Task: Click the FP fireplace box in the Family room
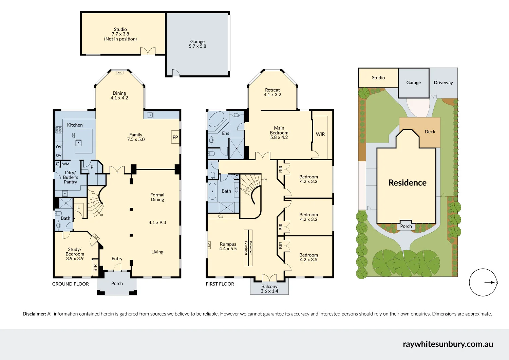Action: click(x=175, y=137)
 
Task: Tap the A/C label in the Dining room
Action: click(x=119, y=73)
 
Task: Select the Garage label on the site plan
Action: click(x=413, y=83)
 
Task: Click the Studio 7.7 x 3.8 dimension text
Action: click(x=120, y=34)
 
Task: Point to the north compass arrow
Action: click(x=491, y=282)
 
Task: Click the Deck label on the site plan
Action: click(x=430, y=132)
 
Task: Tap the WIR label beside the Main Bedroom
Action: click(x=320, y=134)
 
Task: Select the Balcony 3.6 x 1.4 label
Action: click(x=269, y=289)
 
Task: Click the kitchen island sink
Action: click(x=78, y=143)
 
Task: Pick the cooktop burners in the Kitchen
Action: click(x=59, y=129)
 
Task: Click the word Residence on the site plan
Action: click(x=407, y=183)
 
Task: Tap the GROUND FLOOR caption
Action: click(x=71, y=284)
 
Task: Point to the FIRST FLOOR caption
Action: click(x=220, y=284)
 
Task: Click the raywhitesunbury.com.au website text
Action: click(x=448, y=344)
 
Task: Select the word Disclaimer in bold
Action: click(x=34, y=314)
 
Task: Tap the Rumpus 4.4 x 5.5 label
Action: click(x=228, y=246)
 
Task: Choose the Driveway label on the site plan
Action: click(x=443, y=83)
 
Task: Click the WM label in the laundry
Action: click(x=65, y=164)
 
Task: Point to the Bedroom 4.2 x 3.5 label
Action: click(x=308, y=257)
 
